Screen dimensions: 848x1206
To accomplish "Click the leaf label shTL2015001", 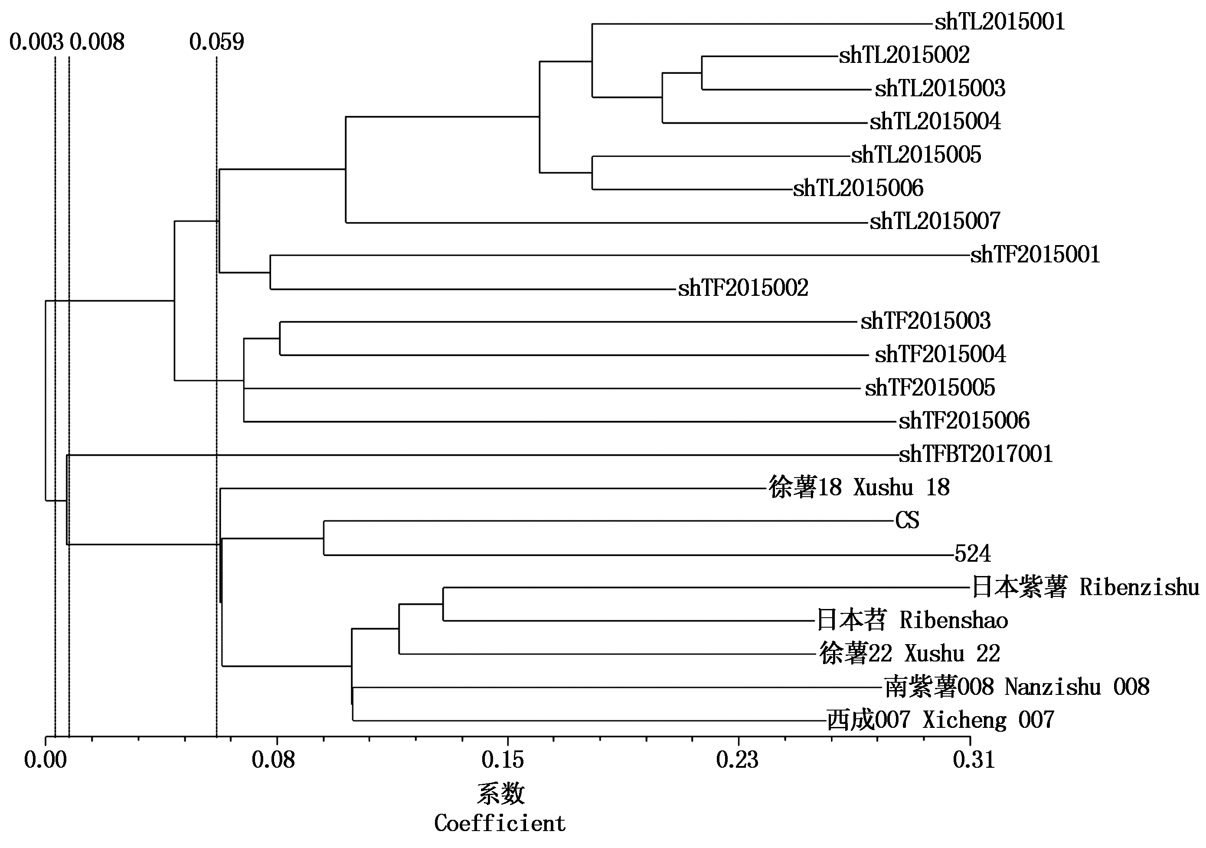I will pos(999,22).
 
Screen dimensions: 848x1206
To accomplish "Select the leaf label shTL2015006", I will pos(858,188).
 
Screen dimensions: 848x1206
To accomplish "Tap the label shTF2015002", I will pos(743,288).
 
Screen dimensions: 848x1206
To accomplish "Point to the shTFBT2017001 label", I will pos(975,454).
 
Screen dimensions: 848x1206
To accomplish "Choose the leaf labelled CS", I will pos(907,520).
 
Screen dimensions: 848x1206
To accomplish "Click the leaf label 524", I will pos(972,554).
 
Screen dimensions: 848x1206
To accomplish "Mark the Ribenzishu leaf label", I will pos(1085,587).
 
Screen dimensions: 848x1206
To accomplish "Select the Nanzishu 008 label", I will pos(1017,687).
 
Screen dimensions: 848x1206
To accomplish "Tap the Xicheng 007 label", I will pos(940,720).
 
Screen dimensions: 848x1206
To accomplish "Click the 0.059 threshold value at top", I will pos(216,42).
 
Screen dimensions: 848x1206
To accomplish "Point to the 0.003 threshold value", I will pos(36,42).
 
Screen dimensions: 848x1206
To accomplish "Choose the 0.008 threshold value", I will pos(97,42).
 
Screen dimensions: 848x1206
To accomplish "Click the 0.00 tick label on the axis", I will pos(46,760).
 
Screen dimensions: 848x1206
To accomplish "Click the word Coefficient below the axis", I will pos(500,823).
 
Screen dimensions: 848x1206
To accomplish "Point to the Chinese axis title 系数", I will pos(500,793).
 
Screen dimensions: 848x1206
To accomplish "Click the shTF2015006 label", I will pos(964,421).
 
